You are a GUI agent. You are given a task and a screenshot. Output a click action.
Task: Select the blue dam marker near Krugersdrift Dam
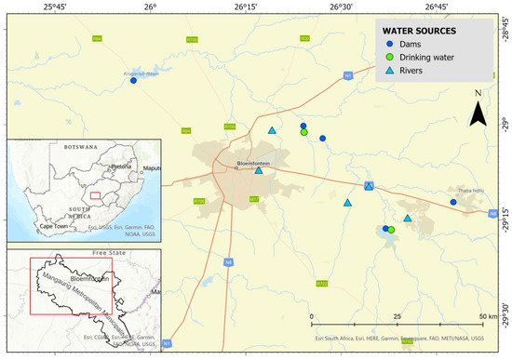pyautogui.click(x=133, y=81)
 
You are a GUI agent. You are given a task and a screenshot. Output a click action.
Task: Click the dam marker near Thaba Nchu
pyautogui.click(x=453, y=202)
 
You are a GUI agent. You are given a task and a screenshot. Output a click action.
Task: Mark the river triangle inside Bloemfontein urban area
pyautogui.click(x=259, y=170)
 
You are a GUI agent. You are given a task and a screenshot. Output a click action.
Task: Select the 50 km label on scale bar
pyautogui.click(x=483, y=317)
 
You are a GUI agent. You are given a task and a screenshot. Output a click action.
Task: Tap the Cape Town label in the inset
pyautogui.click(x=53, y=226)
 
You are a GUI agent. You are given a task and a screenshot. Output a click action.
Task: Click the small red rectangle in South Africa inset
pyautogui.click(x=95, y=194)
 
